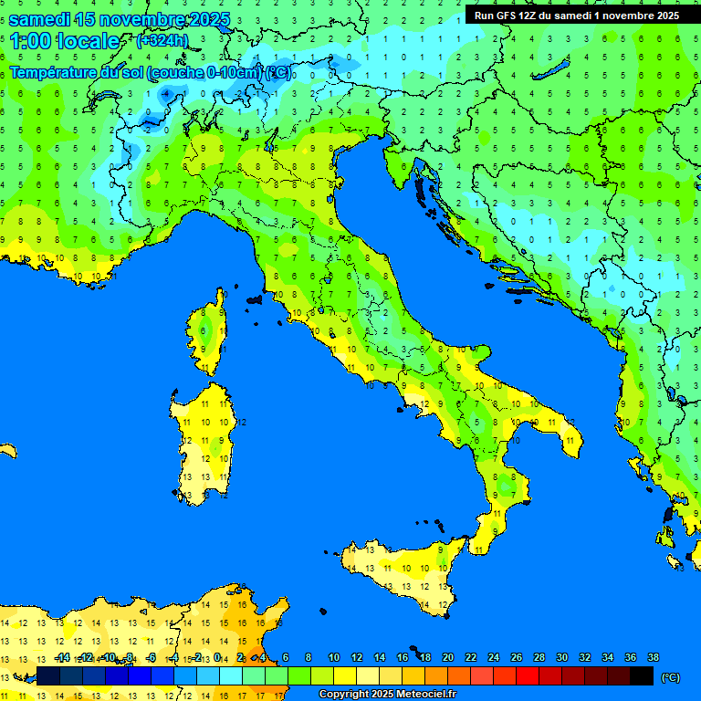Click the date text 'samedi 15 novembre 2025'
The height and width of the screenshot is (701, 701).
119,19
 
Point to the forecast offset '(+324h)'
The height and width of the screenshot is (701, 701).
162,41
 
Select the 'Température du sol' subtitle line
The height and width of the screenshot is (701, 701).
151,73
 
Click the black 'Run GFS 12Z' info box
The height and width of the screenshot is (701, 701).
576,15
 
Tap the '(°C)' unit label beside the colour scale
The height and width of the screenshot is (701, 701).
670,676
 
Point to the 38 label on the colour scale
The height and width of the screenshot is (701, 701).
653,657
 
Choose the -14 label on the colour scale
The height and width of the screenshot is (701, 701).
63,657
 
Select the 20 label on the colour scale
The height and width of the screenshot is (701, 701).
447,657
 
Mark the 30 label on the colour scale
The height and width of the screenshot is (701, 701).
561,657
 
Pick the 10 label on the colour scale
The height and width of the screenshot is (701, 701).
333,657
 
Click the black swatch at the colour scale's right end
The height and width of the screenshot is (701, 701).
642,675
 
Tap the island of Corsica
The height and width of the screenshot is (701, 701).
210,333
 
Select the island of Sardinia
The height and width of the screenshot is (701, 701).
206,438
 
